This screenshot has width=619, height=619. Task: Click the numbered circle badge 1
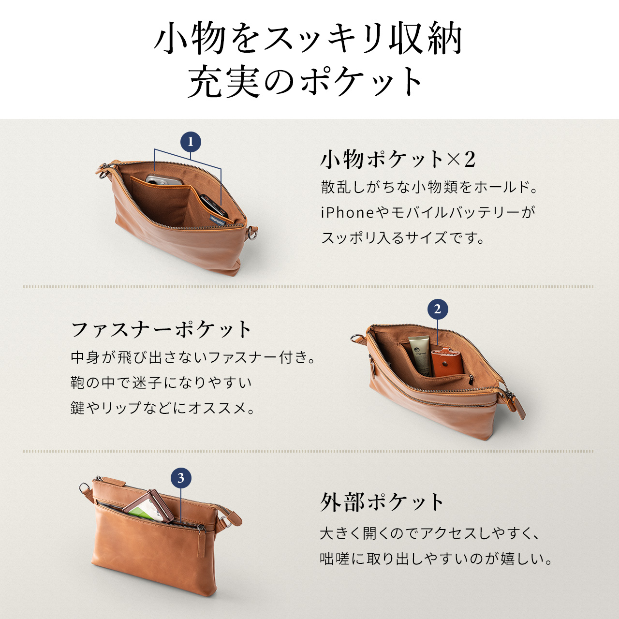[x=191, y=142]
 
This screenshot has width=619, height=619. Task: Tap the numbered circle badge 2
[x=438, y=309]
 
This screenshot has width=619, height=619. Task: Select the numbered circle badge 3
[x=181, y=478]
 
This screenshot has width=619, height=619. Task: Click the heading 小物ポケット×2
[x=398, y=159]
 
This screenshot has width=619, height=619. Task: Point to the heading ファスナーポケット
[x=161, y=330]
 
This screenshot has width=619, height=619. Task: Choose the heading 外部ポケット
[x=382, y=502]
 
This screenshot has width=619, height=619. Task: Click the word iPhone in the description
[x=347, y=212]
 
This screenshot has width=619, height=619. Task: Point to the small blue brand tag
[x=217, y=220]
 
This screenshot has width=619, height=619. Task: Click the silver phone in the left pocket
[x=164, y=180]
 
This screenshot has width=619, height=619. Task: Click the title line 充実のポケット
[x=306, y=81]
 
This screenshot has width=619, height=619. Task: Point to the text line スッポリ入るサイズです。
[x=403, y=238]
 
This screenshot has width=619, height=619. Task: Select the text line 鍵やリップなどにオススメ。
[x=163, y=408]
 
